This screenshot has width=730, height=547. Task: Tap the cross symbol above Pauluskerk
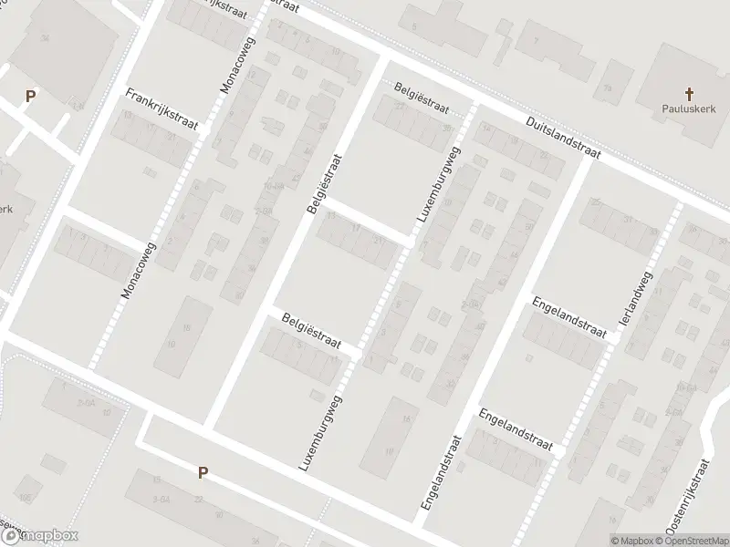tap(688, 94)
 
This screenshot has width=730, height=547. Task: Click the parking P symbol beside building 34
tap(30, 96)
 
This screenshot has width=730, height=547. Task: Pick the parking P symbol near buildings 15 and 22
tap(203, 472)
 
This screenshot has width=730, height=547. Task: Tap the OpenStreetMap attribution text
tap(694, 541)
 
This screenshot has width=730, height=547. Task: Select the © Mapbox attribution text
tap(633, 541)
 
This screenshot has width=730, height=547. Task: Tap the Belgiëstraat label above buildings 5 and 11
tap(310, 329)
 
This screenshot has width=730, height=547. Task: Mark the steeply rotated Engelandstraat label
tap(439, 472)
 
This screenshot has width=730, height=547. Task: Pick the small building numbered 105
tap(25, 497)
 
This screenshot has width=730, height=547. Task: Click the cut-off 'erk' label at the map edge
tap(6, 209)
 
